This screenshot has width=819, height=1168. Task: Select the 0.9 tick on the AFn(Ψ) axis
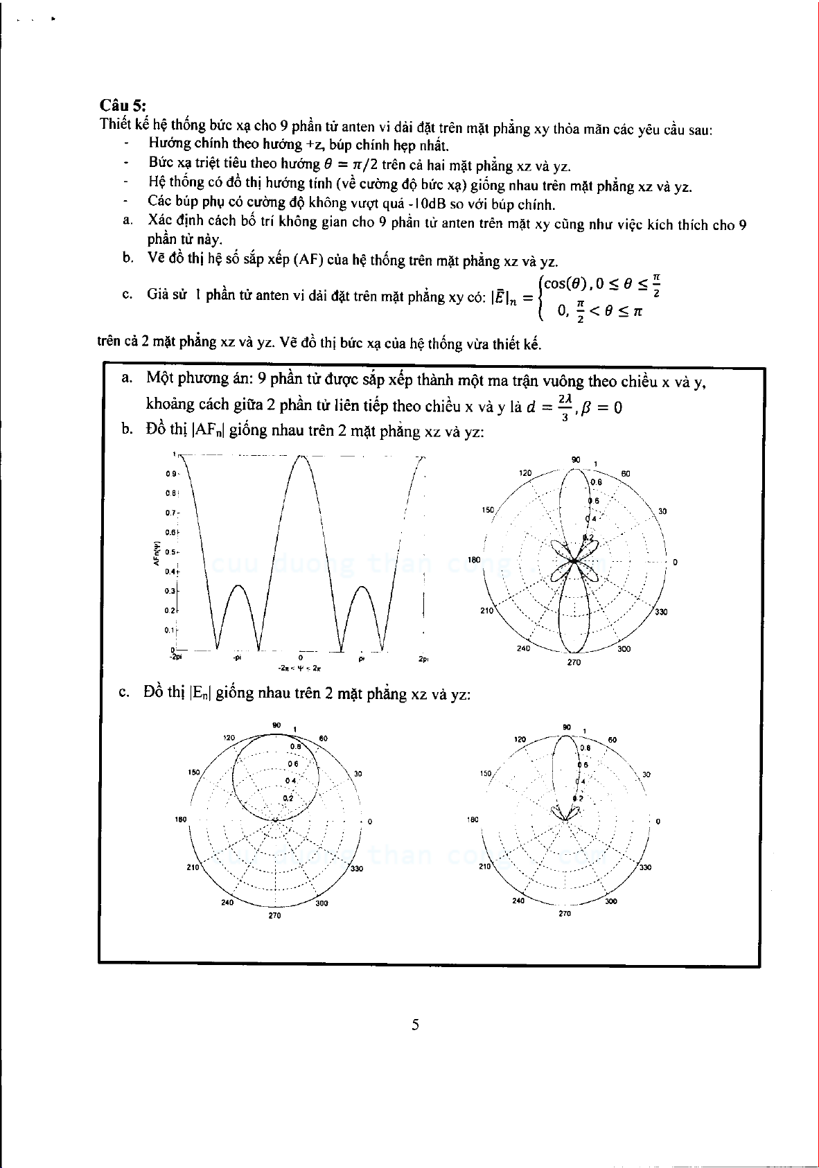tap(170, 475)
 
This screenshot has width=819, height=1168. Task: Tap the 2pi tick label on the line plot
tap(423, 659)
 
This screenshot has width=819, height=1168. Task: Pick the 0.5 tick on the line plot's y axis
tap(170, 553)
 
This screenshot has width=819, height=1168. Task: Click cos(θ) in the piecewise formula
tap(565, 283)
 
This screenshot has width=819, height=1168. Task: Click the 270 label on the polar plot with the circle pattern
tap(274, 916)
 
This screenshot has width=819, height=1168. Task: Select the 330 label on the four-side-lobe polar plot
tap(660, 612)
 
